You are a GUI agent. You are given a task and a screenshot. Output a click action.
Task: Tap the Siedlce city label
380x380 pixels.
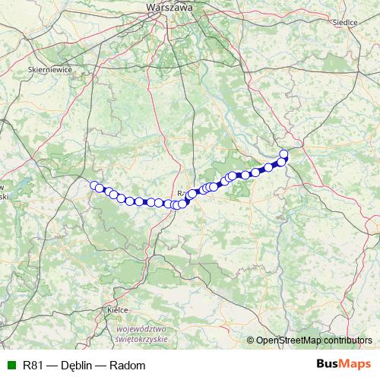coord(345,23)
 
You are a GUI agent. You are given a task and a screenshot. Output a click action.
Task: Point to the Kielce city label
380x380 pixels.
coord(116,310)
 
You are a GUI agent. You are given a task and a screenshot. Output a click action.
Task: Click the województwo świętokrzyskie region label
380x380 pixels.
coord(142,334)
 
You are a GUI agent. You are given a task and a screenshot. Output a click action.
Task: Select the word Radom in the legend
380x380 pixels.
coord(128,365)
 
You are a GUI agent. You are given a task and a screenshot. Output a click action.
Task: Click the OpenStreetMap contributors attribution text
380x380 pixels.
coord(314,340)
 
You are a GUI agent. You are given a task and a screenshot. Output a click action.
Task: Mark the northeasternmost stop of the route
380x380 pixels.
coord(284,154)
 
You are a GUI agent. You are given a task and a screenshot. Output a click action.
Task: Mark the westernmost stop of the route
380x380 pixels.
coord(94,185)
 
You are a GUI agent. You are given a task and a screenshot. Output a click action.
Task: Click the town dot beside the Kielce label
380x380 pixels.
coord(105,310)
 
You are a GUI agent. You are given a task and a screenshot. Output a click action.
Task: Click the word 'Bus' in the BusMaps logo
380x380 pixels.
coord(328,365)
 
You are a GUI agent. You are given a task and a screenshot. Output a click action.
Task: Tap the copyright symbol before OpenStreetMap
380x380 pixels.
coord(251,340)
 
